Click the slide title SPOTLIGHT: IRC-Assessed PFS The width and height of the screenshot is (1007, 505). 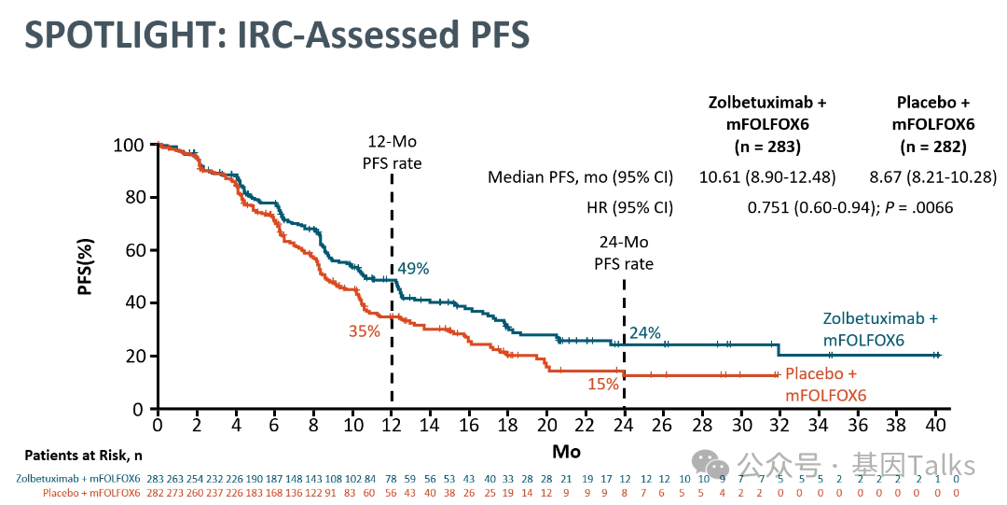(x=276, y=35)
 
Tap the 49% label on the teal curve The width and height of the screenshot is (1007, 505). (x=413, y=269)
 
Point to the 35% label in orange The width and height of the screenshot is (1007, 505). (x=365, y=330)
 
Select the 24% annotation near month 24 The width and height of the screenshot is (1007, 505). (x=645, y=332)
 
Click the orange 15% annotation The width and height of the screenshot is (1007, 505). (x=603, y=385)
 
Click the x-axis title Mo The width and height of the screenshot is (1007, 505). (x=565, y=452)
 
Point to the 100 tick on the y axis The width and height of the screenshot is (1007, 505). (x=130, y=146)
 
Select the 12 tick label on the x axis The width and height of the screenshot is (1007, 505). (x=391, y=425)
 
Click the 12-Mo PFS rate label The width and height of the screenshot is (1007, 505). (x=392, y=153)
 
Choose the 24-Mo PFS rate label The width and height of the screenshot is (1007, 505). (x=624, y=253)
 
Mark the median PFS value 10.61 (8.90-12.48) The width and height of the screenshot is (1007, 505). (x=767, y=177)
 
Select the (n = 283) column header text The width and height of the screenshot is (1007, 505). (x=767, y=147)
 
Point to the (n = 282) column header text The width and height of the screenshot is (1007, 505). (x=932, y=147)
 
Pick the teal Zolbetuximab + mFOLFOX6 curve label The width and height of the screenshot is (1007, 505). (x=879, y=330)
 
